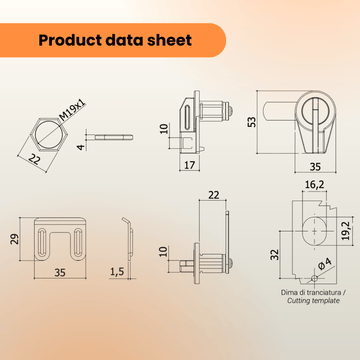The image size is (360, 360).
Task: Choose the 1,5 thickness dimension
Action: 118,272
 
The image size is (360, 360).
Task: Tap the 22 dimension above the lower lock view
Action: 213,194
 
